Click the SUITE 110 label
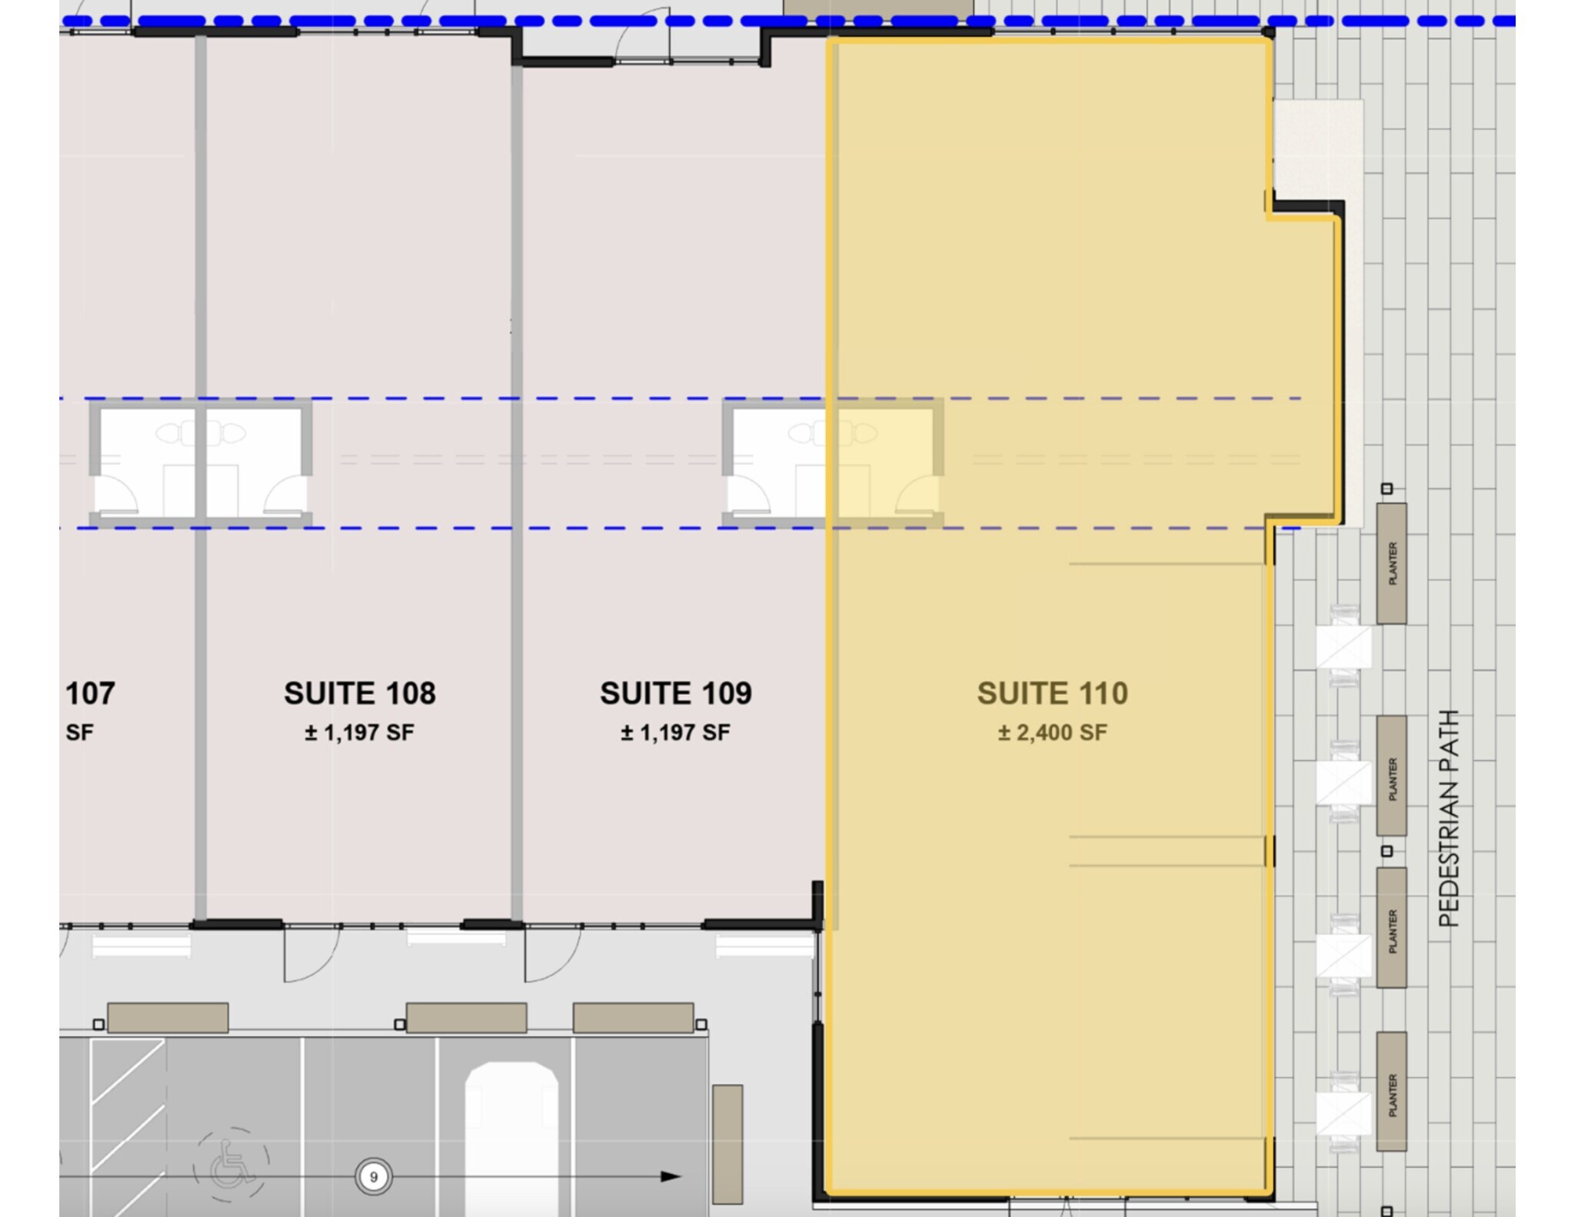(1052, 693)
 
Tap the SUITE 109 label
(675, 693)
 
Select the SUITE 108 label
(360, 693)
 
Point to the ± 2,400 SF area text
(1052, 733)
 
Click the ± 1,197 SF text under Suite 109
(675, 733)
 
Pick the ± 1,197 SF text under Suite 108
(360, 733)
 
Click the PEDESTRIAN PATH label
(1448, 818)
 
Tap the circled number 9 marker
(374, 1176)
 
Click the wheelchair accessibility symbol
(231, 1162)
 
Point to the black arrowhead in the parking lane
(670, 1176)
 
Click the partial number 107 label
(90, 693)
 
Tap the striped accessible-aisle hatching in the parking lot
(128, 1107)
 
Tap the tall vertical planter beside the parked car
(727, 1144)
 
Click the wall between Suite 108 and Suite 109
(517, 492)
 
